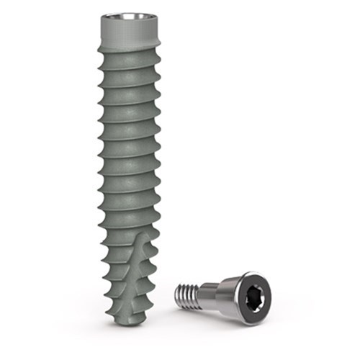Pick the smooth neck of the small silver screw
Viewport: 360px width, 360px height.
(209, 293)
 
